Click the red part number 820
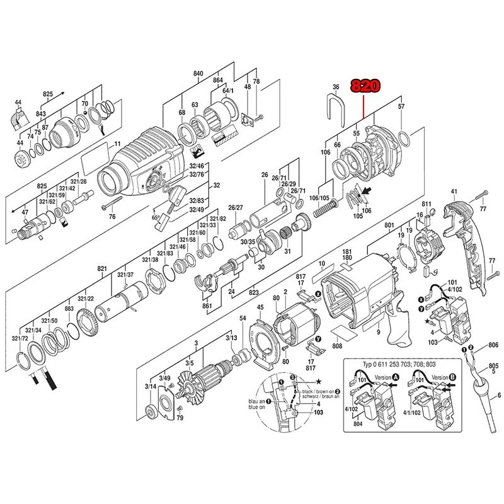[x=365, y=86]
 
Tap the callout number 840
[x=198, y=74]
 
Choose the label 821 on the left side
[x=101, y=269]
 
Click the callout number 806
[x=493, y=345]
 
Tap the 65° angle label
[x=156, y=217]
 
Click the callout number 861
[x=207, y=306]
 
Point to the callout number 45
[x=260, y=307]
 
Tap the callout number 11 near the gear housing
[x=116, y=146]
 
